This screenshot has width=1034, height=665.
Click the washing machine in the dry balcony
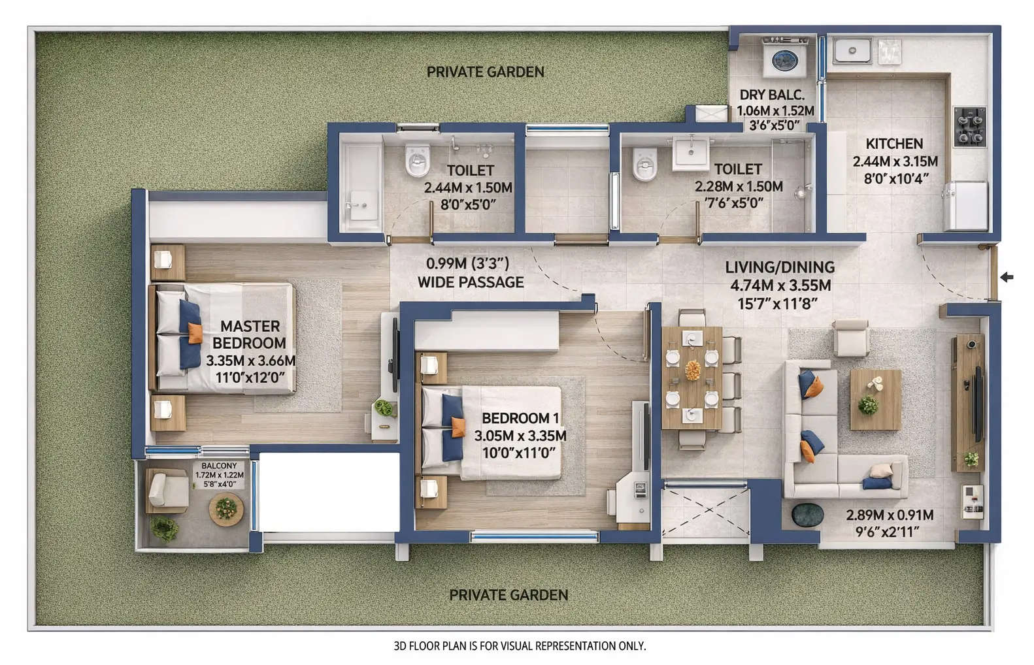[785, 59]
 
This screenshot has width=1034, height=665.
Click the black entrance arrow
[1007, 278]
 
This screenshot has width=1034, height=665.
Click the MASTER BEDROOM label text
[249, 334]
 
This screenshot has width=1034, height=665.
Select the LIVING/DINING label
[780, 267]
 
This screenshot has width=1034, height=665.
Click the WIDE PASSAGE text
[471, 282]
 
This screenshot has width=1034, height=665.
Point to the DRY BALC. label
[772, 95]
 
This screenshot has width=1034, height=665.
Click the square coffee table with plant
[875, 398]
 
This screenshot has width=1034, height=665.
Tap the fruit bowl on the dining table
[692, 371]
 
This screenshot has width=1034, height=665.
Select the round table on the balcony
[226, 509]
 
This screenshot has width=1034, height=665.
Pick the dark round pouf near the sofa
[808, 513]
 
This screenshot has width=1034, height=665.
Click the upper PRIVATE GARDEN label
[485, 72]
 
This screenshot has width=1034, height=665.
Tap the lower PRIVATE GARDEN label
[509, 595]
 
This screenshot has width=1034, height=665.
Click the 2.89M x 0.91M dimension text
[889, 515]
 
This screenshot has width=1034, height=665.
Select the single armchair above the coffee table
[850, 338]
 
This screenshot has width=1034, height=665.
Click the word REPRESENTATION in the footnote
[575, 647]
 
